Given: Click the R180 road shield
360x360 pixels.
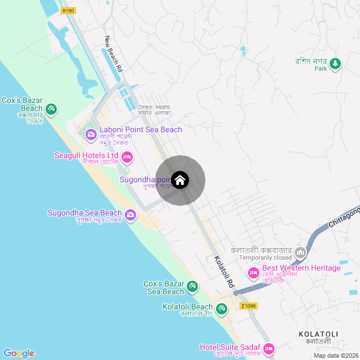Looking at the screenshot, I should coord(69,10).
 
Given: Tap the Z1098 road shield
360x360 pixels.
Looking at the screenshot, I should coord(248,306).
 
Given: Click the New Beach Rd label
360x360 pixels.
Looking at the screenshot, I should coord(114,54).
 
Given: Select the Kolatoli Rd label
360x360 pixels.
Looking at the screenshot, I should coord(223,272).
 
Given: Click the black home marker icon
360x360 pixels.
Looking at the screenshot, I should coord(180,180).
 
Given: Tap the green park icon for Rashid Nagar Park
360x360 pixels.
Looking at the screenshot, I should coord(335,63).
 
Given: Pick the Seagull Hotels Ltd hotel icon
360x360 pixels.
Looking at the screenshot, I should coord(127,156).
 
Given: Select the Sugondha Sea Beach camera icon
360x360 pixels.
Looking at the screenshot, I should coord(131,215).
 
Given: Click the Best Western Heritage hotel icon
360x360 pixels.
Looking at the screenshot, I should coord(254,273).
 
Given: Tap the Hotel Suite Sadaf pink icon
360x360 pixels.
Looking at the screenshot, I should coord(269,348).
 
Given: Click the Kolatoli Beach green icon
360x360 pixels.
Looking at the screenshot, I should coord(222,308).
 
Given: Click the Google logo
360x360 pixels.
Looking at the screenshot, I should coord(19,353).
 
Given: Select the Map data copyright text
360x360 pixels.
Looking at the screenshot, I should coord(335,355).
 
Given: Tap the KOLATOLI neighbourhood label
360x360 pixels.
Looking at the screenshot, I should coord(318,334).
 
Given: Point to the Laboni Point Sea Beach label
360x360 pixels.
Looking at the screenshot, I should coord(141,130).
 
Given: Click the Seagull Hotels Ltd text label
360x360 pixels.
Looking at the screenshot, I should coord(86,155).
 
